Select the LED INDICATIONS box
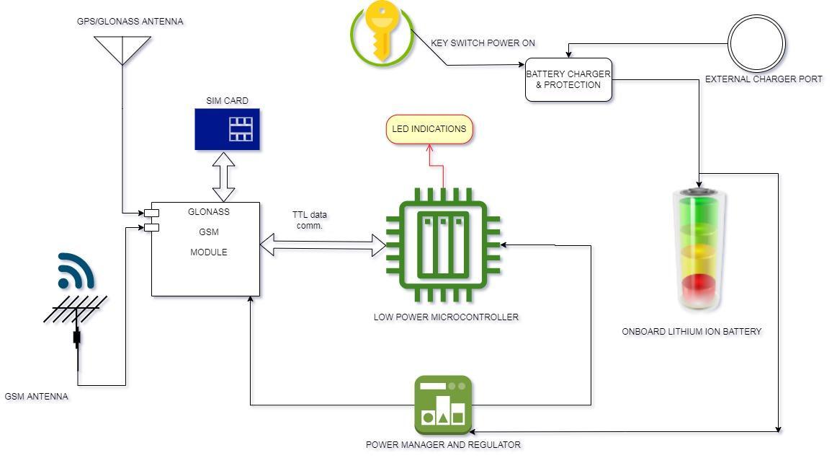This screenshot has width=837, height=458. [429, 130]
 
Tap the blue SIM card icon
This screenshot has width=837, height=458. [227, 129]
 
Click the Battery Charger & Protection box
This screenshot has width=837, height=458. [568, 79]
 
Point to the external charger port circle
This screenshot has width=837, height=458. [756, 43]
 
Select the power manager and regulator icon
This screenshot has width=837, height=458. [443, 405]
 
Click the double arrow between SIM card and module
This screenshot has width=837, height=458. [224, 176]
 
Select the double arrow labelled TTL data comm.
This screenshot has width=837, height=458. [323, 245]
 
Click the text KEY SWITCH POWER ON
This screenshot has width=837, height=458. [483, 43]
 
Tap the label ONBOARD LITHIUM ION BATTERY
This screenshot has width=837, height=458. [691, 332]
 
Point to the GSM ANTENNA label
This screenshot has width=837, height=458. [36, 396]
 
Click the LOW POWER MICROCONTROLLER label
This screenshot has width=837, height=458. [446, 317]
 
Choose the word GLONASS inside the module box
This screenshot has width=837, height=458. [208, 212]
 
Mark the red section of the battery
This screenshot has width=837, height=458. [700, 287]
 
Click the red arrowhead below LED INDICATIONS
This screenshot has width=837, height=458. [430, 149]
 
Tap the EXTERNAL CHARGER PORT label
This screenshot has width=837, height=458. [764, 79]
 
